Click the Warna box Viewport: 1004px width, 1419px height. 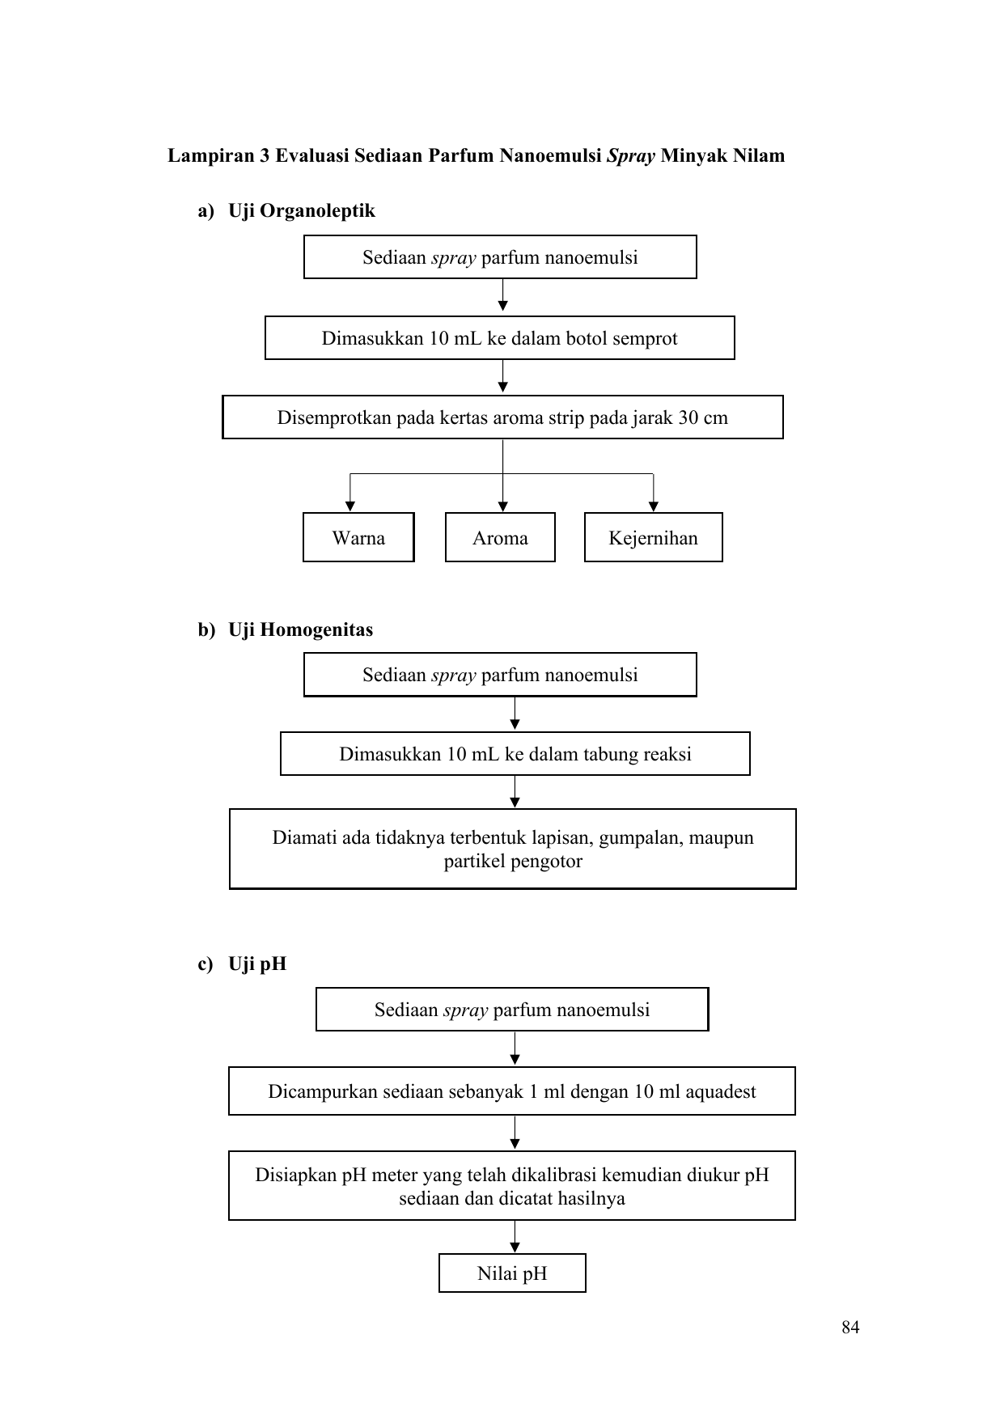358,537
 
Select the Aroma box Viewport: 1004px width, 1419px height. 500,537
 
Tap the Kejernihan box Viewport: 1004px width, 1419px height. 653,537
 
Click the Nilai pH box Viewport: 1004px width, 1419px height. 512,1273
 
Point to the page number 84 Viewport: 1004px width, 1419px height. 850,1327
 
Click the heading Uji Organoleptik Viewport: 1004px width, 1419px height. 302,211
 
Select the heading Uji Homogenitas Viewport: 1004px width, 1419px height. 301,629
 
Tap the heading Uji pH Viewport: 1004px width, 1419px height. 257,964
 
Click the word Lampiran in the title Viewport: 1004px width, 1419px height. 211,156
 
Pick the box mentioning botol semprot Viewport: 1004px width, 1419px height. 500,337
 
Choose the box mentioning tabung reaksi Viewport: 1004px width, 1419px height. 515,754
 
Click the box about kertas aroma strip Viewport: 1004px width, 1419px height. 502,417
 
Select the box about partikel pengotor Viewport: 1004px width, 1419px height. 513,849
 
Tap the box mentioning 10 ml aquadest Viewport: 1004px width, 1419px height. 512,1091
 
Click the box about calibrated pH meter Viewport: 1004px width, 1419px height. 512,1186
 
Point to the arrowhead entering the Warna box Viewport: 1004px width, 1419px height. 350,507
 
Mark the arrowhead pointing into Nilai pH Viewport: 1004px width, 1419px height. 515,1248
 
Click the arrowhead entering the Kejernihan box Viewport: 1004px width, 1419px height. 654,507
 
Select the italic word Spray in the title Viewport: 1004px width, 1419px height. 631,156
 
